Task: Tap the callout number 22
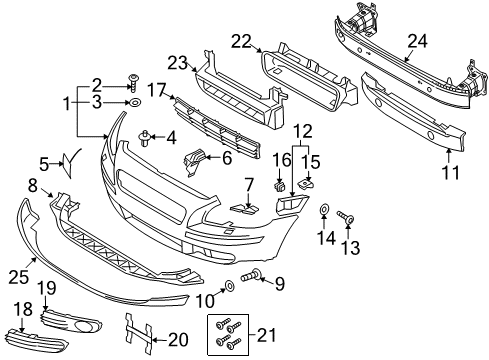(x=241, y=41)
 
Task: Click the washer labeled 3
(x=134, y=103)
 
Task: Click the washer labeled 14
(x=325, y=212)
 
